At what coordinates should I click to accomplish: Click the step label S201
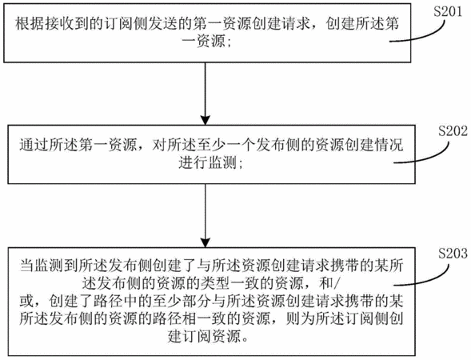click(448, 12)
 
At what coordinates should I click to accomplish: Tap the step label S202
click(453, 131)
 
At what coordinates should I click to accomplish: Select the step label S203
click(453, 254)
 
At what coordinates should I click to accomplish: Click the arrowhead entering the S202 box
click(206, 120)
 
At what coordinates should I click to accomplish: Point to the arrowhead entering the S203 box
click(206, 242)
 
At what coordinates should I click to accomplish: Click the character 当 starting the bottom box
click(26, 266)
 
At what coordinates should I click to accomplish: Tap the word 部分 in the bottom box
click(196, 302)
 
